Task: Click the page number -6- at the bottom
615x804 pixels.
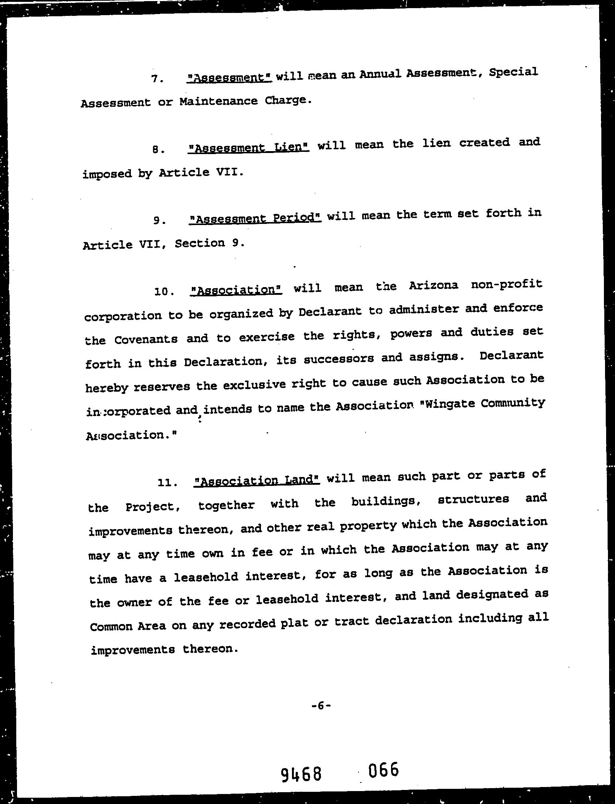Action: click(x=321, y=706)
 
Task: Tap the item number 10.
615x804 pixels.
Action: click(x=164, y=292)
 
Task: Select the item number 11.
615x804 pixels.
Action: click(x=167, y=483)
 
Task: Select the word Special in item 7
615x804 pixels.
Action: click(x=513, y=72)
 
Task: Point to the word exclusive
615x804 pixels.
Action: click(x=253, y=385)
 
